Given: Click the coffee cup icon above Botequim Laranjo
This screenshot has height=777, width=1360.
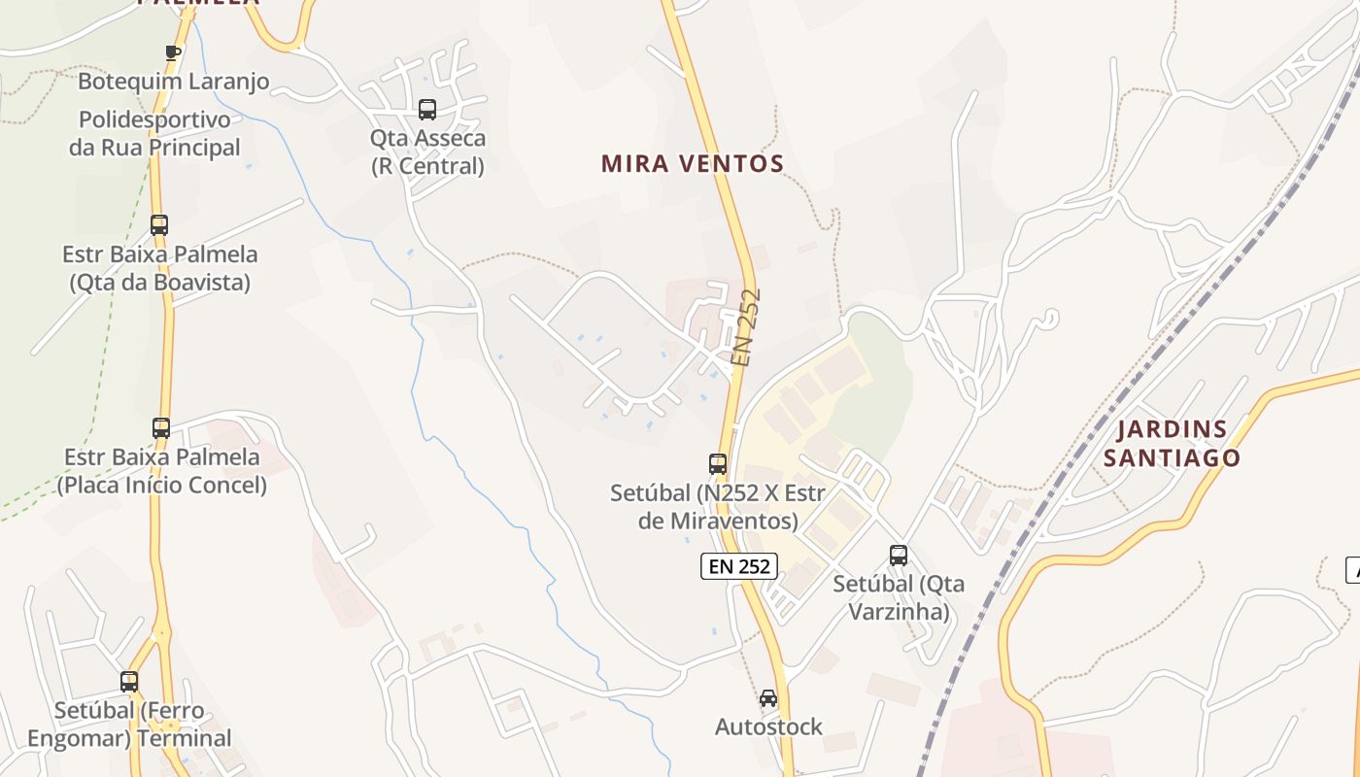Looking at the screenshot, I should [x=173, y=52].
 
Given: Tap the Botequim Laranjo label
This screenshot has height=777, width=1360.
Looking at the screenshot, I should [x=173, y=82].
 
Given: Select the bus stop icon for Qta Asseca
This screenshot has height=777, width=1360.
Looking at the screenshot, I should [x=427, y=109].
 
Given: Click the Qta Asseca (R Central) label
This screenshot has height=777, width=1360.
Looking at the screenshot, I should [x=427, y=152].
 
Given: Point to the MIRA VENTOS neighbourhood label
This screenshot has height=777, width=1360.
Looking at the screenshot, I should [x=692, y=163].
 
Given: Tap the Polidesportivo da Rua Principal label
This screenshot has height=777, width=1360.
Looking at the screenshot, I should [x=154, y=134].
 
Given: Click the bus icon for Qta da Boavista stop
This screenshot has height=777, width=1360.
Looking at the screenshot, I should [x=159, y=225].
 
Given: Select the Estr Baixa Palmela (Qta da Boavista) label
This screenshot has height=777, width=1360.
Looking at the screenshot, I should [x=160, y=269].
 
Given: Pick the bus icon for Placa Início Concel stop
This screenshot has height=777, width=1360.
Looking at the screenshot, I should [x=161, y=427].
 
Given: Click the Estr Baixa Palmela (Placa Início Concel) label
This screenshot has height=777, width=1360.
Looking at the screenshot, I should [x=161, y=471].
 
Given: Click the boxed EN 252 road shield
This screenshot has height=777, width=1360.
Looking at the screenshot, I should [x=739, y=566].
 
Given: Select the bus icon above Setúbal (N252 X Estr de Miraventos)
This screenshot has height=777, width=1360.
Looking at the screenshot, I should [x=718, y=464].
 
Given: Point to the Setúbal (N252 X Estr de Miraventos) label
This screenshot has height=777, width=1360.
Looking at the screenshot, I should [x=718, y=507].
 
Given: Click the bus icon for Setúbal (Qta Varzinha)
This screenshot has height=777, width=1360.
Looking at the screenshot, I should [x=899, y=556].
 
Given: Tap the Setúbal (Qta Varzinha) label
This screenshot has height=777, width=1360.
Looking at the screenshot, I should [x=899, y=597].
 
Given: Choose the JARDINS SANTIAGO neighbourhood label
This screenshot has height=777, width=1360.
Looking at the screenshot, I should [x=1172, y=443].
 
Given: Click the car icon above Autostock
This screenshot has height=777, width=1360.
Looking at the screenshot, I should [x=768, y=698].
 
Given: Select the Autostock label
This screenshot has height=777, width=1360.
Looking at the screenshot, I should [x=768, y=726].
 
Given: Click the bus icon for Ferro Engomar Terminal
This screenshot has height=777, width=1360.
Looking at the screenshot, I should [x=129, y=682].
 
